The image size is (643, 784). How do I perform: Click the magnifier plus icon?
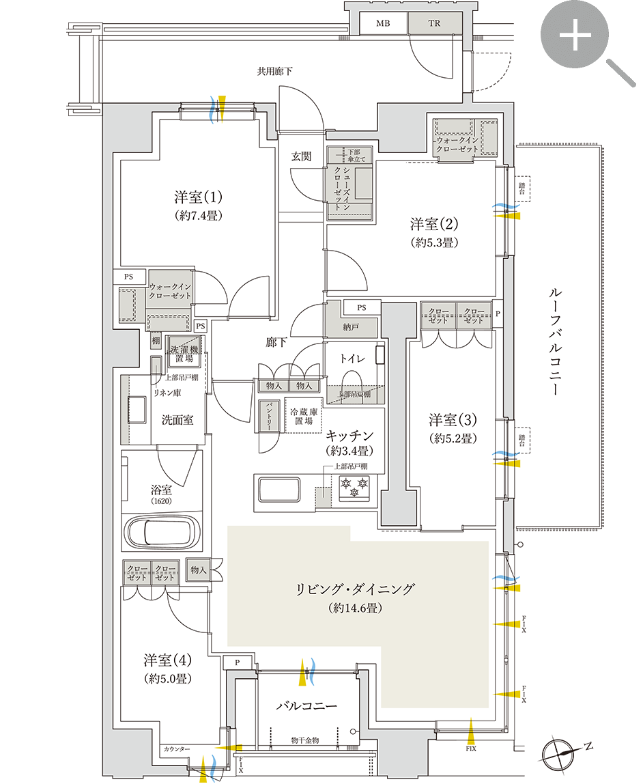point(575,38)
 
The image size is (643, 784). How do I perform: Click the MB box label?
point(383,23)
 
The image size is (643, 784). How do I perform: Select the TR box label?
point(434,23)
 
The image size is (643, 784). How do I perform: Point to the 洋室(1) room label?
point(198,198)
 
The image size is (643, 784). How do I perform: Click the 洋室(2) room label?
point(433,223)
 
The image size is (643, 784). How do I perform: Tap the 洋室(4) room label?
point(167,660)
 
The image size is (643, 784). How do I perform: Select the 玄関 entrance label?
point(301,156)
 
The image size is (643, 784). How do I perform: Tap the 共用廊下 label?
point(274,71)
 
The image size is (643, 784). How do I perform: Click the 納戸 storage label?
point(351,328)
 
